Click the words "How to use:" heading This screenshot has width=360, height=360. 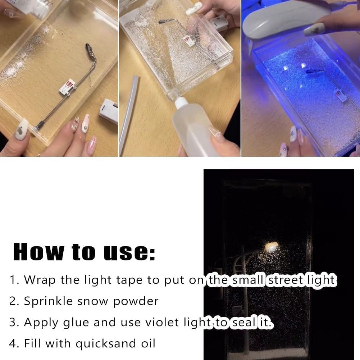[x=84, y=252]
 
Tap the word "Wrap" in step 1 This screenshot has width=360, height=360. [x=40, y=280]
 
